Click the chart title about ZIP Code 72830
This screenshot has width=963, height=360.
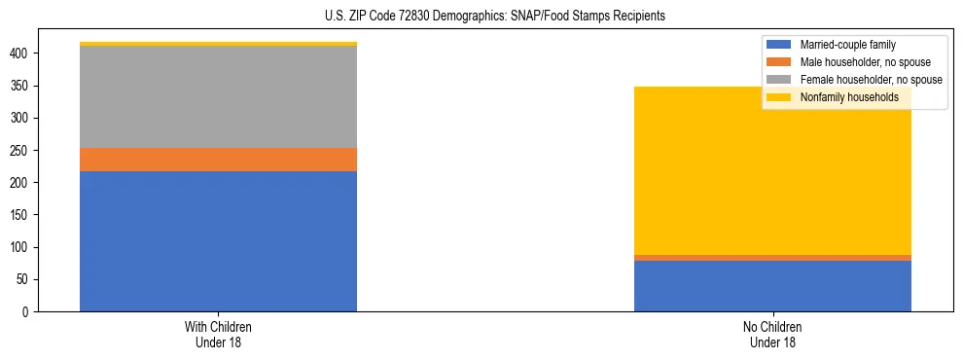click(x=495, y=17)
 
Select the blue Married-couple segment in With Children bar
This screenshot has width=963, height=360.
click(x=218, y=241)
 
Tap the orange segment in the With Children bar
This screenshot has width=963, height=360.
click(x=218, y=160)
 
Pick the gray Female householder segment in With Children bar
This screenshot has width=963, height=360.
click(x=218, y=97)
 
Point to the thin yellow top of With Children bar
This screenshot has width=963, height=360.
click(x=218, y=44)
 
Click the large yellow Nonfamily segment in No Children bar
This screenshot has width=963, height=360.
click(x=772, y=170)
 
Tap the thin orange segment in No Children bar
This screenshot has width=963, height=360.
click(x=772, y=258)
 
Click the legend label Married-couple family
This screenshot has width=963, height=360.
click(x=847, y=45)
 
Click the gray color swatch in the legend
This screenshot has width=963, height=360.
click(x=779, y=80)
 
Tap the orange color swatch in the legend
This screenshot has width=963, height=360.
click(x=779, y=62)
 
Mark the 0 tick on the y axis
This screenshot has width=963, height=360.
click(x=34, y=312)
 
